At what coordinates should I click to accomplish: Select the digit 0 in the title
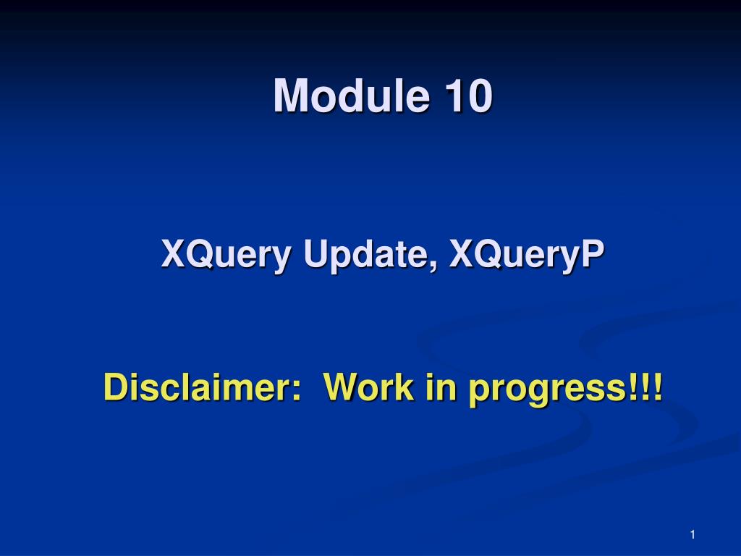[480, 96]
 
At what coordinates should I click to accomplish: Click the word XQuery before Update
[226, 256]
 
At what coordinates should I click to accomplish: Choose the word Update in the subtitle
[366, 256]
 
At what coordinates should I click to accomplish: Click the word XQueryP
[527, 256]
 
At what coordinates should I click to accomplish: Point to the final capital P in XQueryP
[592, 253]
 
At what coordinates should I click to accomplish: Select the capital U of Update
[316, 253]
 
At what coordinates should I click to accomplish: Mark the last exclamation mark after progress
[657, 387]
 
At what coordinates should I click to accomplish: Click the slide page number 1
[693, 535]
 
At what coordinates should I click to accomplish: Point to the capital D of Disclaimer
[117, 387]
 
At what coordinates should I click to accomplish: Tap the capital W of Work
[343, 387]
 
